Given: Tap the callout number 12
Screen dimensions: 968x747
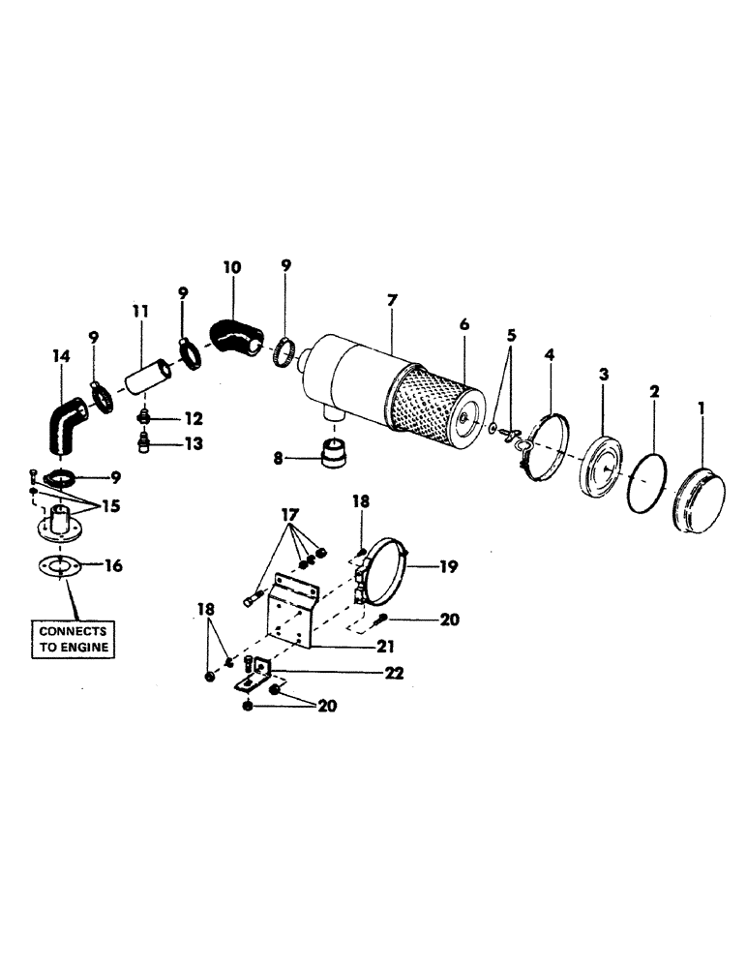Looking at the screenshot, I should (193, 418).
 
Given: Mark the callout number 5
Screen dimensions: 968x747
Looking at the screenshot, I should (511, 335).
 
